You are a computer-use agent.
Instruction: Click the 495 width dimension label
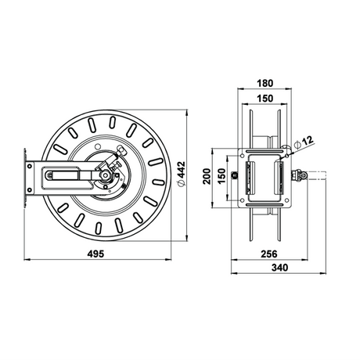click(95, 254)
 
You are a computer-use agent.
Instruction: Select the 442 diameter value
click(182, 170)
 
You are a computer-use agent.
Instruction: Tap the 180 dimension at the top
click(265, 83)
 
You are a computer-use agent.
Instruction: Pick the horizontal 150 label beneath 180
click(265, 99)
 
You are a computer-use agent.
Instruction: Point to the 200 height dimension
click(207, 177)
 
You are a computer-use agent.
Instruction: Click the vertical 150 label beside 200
click(221, 176)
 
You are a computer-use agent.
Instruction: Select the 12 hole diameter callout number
click(308, 140)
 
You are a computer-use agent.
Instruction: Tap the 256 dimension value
click(269, 254)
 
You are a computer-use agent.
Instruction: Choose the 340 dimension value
click(280, 268)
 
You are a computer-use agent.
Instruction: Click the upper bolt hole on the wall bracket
click(29, 166)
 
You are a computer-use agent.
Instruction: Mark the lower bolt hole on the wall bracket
click(29, 189)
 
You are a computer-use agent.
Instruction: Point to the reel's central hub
click(106, 175)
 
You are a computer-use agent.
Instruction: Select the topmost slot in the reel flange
click(113, 122)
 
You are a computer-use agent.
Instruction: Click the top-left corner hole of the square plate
click(243, 156)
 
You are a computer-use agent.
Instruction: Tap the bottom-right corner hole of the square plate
click(286, 200)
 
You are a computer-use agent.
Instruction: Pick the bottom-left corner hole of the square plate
click(243, 200)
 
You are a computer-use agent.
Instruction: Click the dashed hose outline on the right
click(317, 175)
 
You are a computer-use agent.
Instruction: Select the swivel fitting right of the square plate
click(299, 175)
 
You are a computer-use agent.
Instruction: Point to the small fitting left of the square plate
click(235, 175)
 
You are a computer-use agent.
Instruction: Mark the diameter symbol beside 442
click(181, 183)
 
